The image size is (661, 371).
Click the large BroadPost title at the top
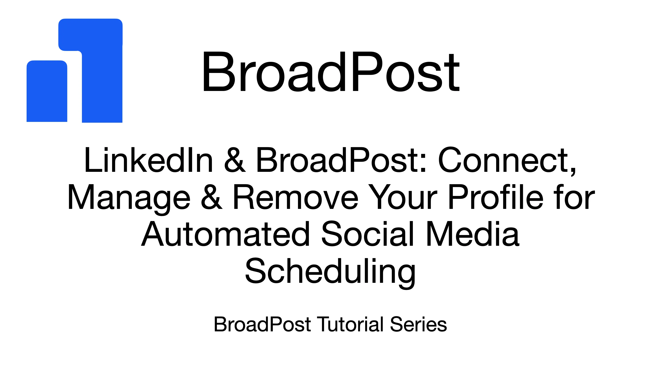click(x=331, y=72)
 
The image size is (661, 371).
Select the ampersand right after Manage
click(x=211, y=197)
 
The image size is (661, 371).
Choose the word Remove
click(x=295, y=197)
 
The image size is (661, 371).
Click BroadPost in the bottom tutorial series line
click(x=262, y=324)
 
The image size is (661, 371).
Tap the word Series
click(x=418, y=324)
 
